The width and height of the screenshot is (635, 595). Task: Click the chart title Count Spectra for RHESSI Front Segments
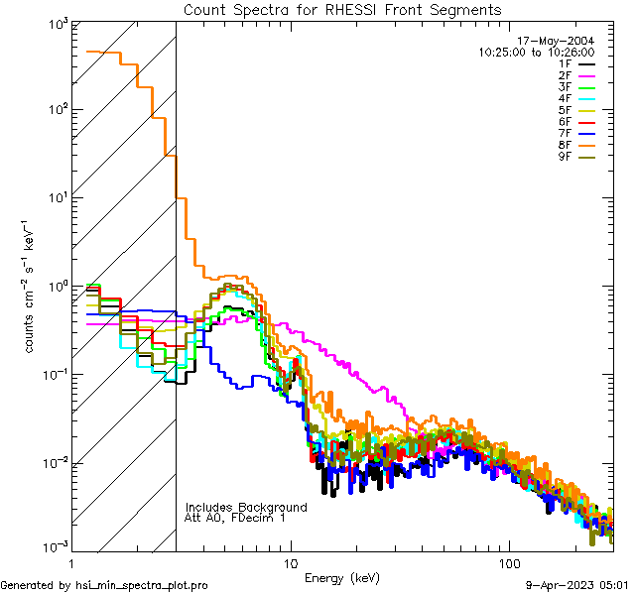pos(342,10)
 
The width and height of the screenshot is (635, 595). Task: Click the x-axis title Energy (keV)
pos(342,577)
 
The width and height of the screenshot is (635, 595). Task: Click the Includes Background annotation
pos(245,507)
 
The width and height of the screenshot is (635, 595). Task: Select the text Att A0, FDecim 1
pos(235,518)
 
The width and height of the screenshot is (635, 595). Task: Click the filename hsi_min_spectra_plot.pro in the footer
pos(142,585)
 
